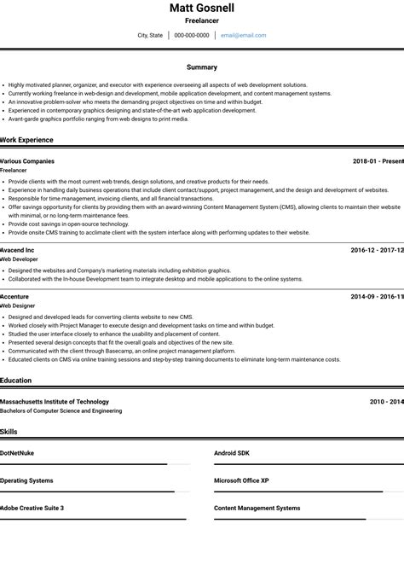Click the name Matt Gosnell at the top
[x=202, y=8]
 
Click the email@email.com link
[x=243, y=36]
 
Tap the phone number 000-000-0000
[x=192, y=36]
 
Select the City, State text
[x=150, y=36]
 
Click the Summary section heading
[x=202, y=67]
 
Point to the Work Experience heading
[x=27, y=140]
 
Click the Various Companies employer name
[x=27, y=161]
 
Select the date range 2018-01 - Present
[x=378, y=161]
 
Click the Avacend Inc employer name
[x=18, y=250]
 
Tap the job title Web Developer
[x=20, y=259]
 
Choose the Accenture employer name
[x=15, y=297]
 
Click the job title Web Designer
[x=18, y=305]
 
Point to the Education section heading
[x=16, y=381]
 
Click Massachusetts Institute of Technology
[x=55, y=402]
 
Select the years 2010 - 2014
[x=386, y=402]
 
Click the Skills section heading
[x=9, y=432]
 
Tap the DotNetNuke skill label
[x=18, y=453]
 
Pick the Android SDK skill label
[x=232, y=453]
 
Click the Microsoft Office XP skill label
[x=241, y=480]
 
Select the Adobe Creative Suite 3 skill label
[x=32, y=508]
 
